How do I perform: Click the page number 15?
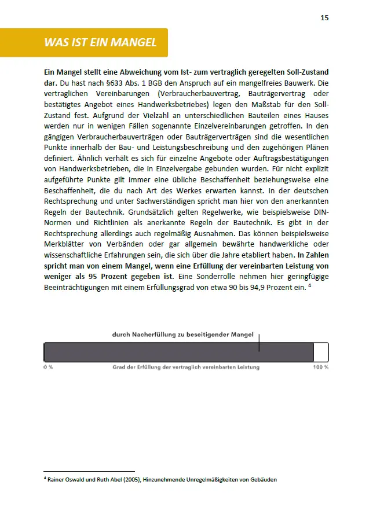point(324,17)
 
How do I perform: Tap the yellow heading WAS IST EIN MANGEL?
point(100,43)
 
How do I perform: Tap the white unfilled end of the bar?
point(321,352)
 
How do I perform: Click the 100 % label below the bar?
point(321,368)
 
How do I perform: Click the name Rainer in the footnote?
point(59,479)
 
